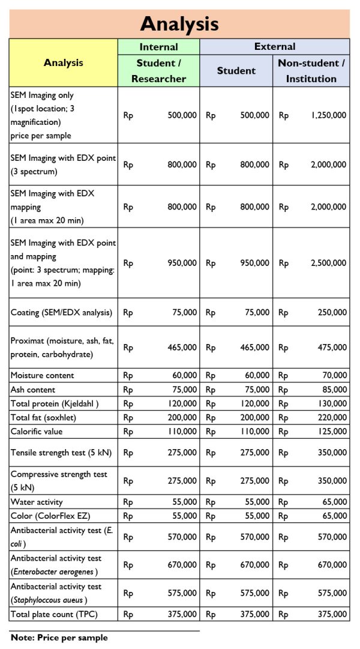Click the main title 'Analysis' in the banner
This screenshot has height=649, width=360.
[x=179, y=24]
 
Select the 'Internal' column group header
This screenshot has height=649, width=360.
[x=158, y=47]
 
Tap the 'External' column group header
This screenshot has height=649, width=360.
[x=275, y=46]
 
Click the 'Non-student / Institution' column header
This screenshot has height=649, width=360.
[x=311, y=71]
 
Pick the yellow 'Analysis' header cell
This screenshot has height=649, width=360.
[x=64, y=62]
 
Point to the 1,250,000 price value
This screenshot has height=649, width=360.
[x=328, y=115]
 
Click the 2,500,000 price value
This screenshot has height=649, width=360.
[x=328, y=263]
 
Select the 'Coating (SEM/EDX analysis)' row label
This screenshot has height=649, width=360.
[x=61, y=312]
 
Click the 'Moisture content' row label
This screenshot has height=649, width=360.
[x=43, y=375]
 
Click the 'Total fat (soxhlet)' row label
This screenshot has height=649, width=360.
[x=44, y=417]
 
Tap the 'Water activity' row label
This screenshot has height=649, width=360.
[x=37, y=502]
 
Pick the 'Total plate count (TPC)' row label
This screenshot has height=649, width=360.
[x=54, y=614]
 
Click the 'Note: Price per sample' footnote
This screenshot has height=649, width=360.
[x=59, y=638]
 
